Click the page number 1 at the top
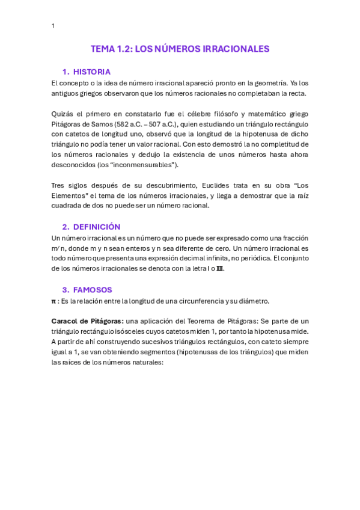[x=53, y=26]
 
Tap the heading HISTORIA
[x=91, y=72]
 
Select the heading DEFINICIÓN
[x=96, y=227]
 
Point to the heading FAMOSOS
[x=92, y=289]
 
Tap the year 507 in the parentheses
[x=163, y=124]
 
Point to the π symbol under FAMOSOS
[x=54, y=301]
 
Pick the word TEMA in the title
[x=102, y=49]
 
